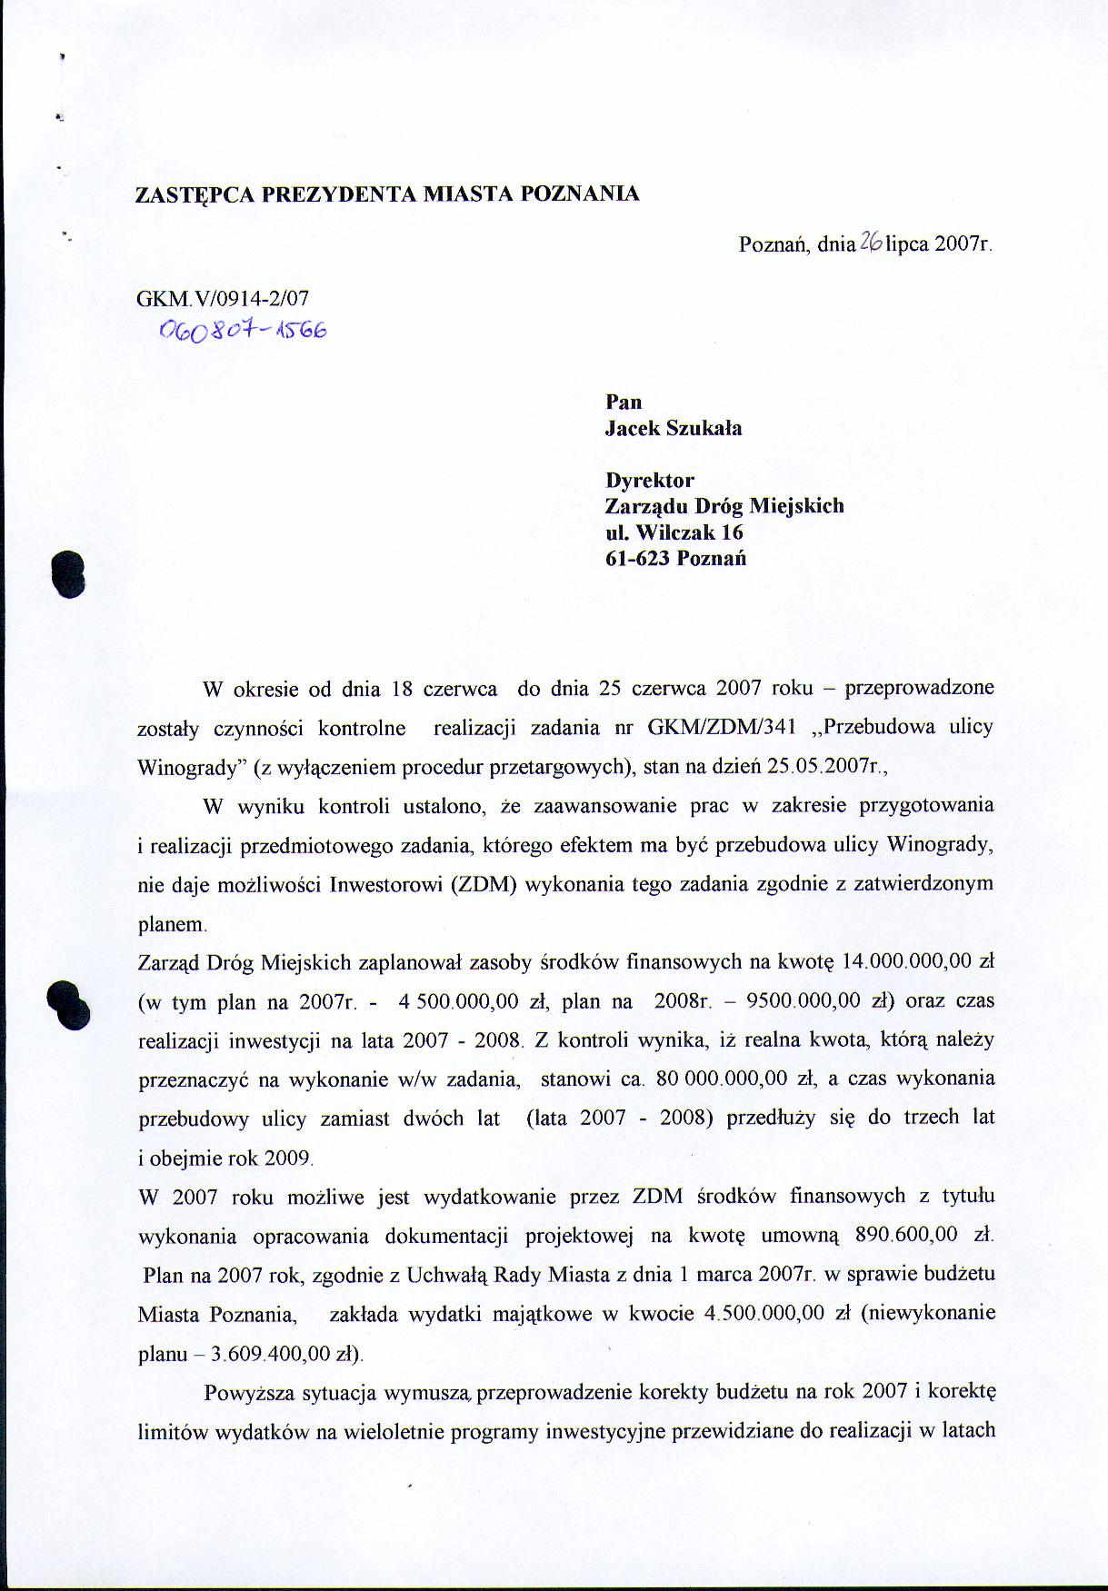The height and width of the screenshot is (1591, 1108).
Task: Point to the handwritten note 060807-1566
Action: (244, 332)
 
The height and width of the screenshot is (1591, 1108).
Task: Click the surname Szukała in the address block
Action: (704, 429)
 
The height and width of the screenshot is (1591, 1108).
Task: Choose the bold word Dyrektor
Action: (650, 480)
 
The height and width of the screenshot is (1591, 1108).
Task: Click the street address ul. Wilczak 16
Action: (674, 532)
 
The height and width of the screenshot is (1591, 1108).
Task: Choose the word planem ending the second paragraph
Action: (172, 924)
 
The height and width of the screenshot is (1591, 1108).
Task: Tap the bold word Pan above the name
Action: (624, 402)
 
